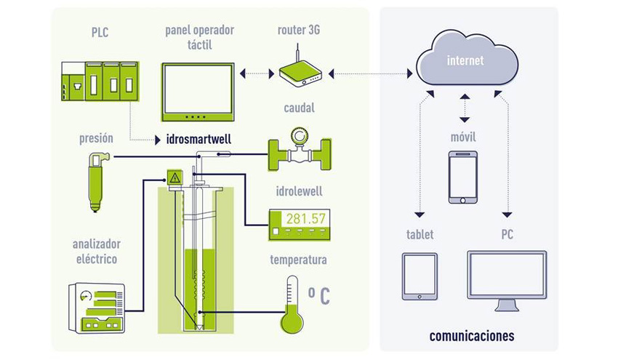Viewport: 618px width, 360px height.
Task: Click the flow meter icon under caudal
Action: point(299,153)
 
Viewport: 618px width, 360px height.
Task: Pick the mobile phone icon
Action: point(462,177)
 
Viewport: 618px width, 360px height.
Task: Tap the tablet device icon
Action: point(420,276)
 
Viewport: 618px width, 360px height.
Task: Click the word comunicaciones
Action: point(471,336)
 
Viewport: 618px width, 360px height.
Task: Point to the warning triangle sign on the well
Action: point(174,177)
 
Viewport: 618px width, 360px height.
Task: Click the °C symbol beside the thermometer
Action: point(319,296)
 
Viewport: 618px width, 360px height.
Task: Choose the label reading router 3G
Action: point(299,31)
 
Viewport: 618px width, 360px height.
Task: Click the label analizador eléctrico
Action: point(96,251)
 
